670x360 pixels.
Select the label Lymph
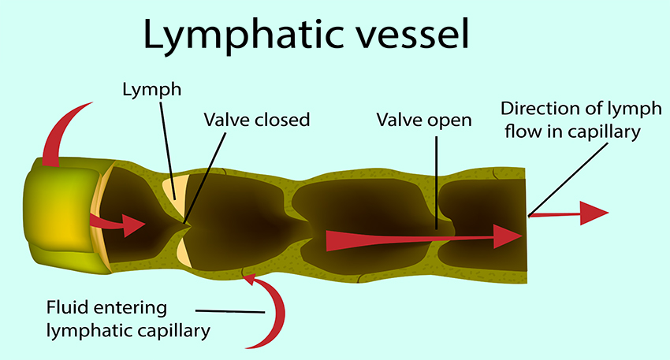[151, 90]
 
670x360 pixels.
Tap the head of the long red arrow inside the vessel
[508, 235]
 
